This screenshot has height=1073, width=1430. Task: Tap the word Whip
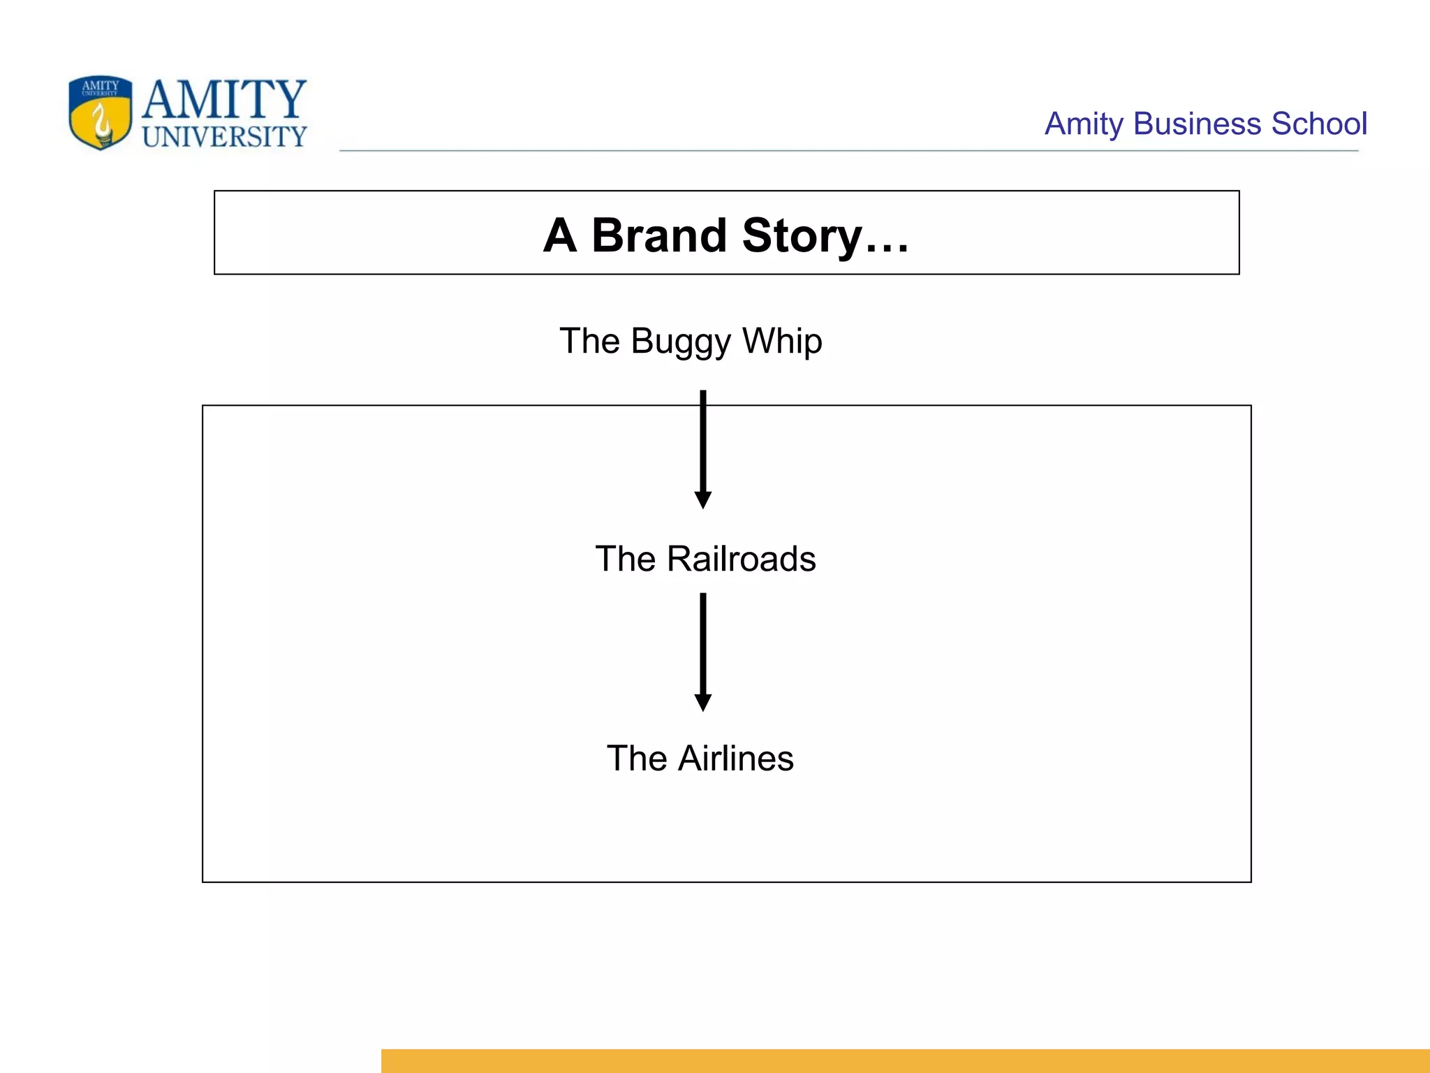tap(782, 342)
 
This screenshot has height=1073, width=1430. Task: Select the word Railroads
tap(741, 559)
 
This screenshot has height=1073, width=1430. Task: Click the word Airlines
tap(736, 759)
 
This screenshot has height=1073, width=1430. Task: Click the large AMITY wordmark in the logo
tap(224, 99)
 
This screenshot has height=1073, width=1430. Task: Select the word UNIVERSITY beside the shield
tap(224, 137)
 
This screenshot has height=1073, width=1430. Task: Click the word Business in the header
tap(1197, 124)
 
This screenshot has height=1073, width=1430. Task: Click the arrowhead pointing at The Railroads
tap(703, 499)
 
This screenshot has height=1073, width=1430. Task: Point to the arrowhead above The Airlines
tap(703, 702)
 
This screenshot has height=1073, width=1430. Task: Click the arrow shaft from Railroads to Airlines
tap(703, 643)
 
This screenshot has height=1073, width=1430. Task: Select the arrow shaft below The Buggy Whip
tap(703, 440)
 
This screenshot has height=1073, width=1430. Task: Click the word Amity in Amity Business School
tap(1084, 124)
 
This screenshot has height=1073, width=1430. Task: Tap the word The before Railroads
tap(625, 559)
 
